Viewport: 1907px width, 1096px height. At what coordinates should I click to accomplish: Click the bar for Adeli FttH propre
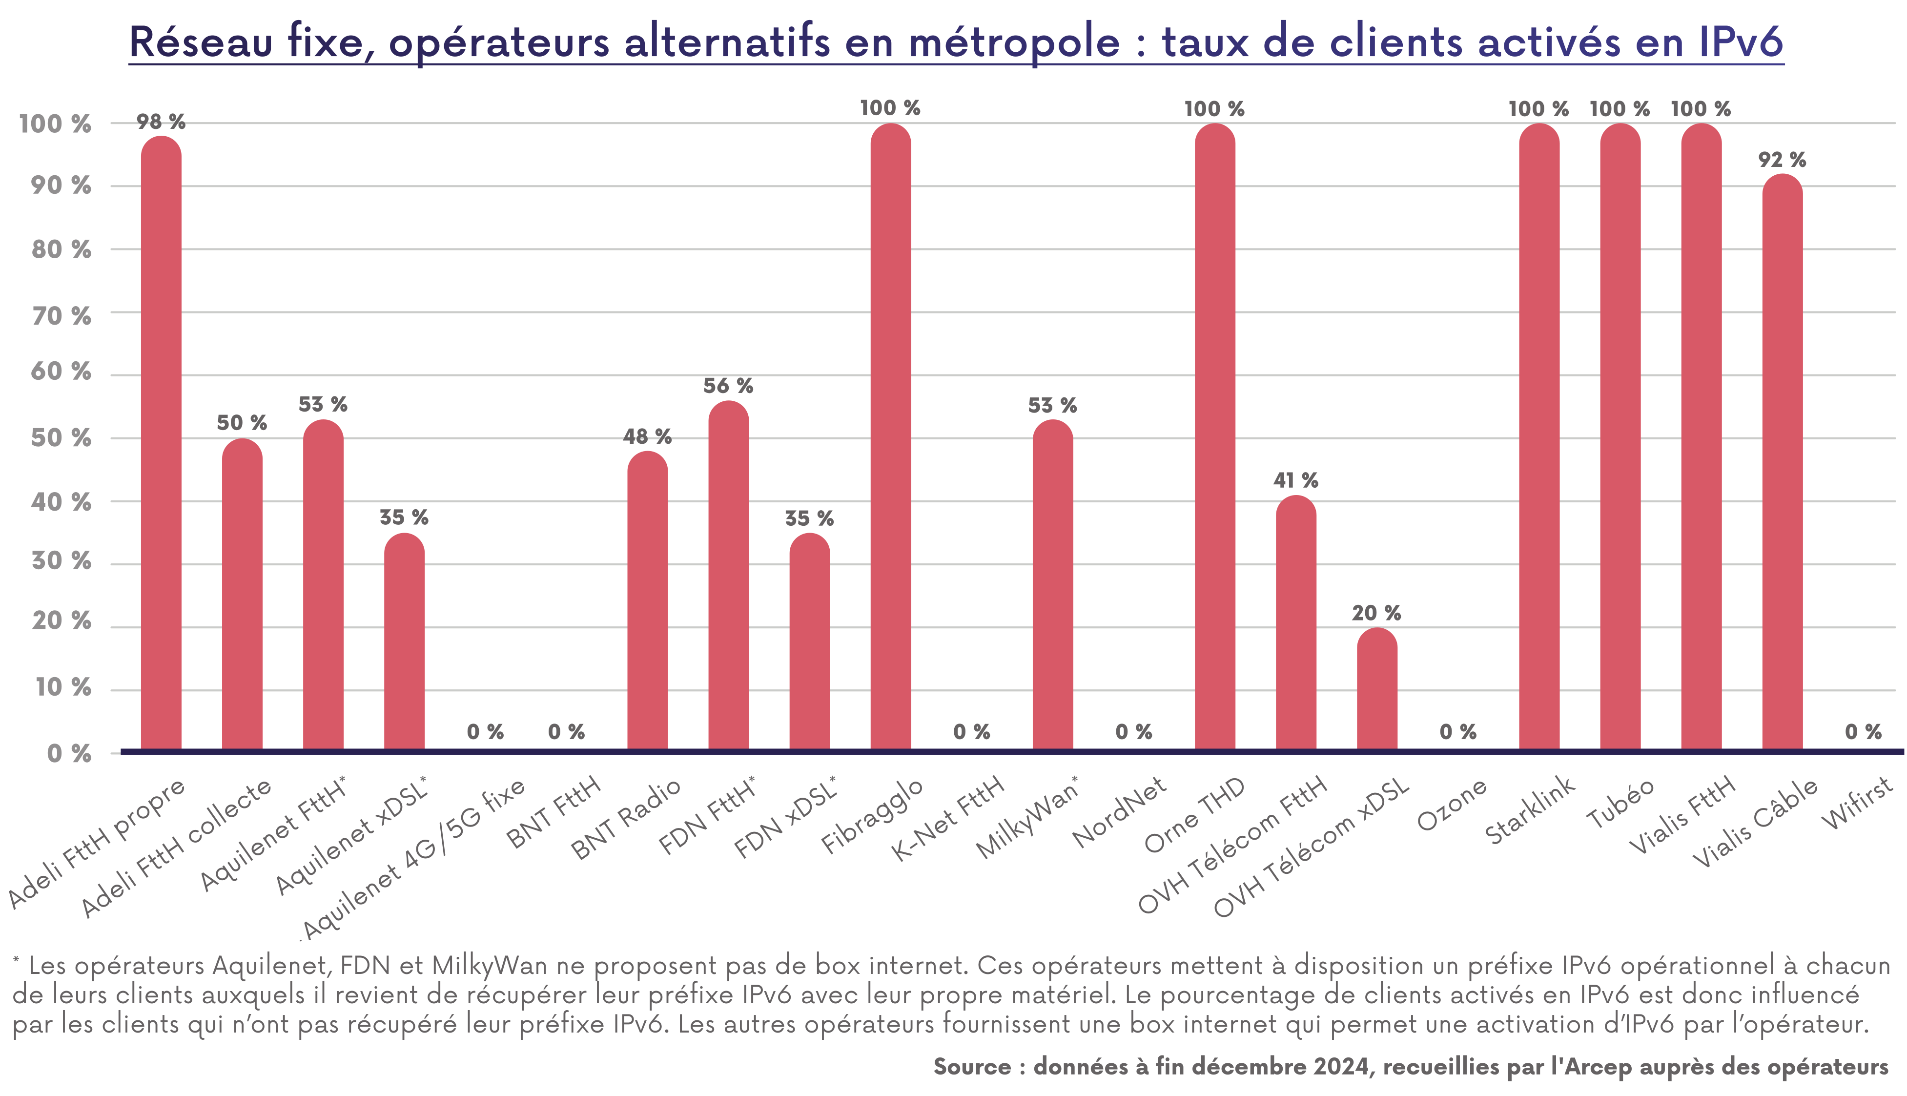[161, 444]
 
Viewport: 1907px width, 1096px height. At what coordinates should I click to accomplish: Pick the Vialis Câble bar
[1782, 463]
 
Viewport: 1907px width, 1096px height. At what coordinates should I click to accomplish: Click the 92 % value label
[1782, 160]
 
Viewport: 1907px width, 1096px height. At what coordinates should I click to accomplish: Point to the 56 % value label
[728, 386]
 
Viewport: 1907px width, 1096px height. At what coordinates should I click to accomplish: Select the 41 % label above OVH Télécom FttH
[1295, 480]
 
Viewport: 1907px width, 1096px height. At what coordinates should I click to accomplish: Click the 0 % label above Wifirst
[1863, 732]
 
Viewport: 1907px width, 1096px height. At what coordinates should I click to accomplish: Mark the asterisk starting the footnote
[16, 960]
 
